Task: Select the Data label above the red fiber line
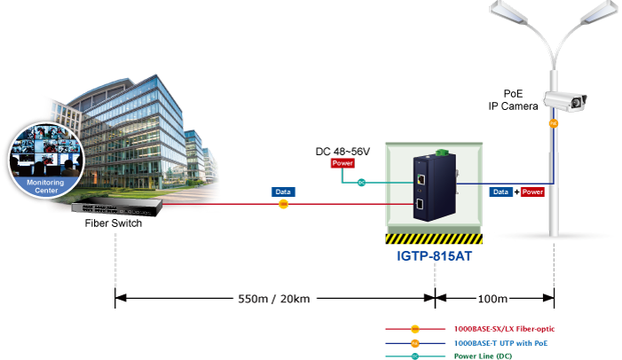tap(283, 192)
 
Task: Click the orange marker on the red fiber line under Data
tap(283, 205)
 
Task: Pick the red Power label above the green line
tap(342, 163)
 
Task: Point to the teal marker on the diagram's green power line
tap(361, 184)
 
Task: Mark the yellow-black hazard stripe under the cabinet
tap(434, 239)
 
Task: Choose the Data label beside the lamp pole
tap(501, 192)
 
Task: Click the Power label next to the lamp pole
tap(532, 192)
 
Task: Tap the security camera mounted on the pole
tap(566, 101)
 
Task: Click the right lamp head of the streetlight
tap(599, 15)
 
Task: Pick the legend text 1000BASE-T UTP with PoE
tap(500, 342)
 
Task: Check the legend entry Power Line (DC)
tap(484, 356)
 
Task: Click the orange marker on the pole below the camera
tap(554, 123)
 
